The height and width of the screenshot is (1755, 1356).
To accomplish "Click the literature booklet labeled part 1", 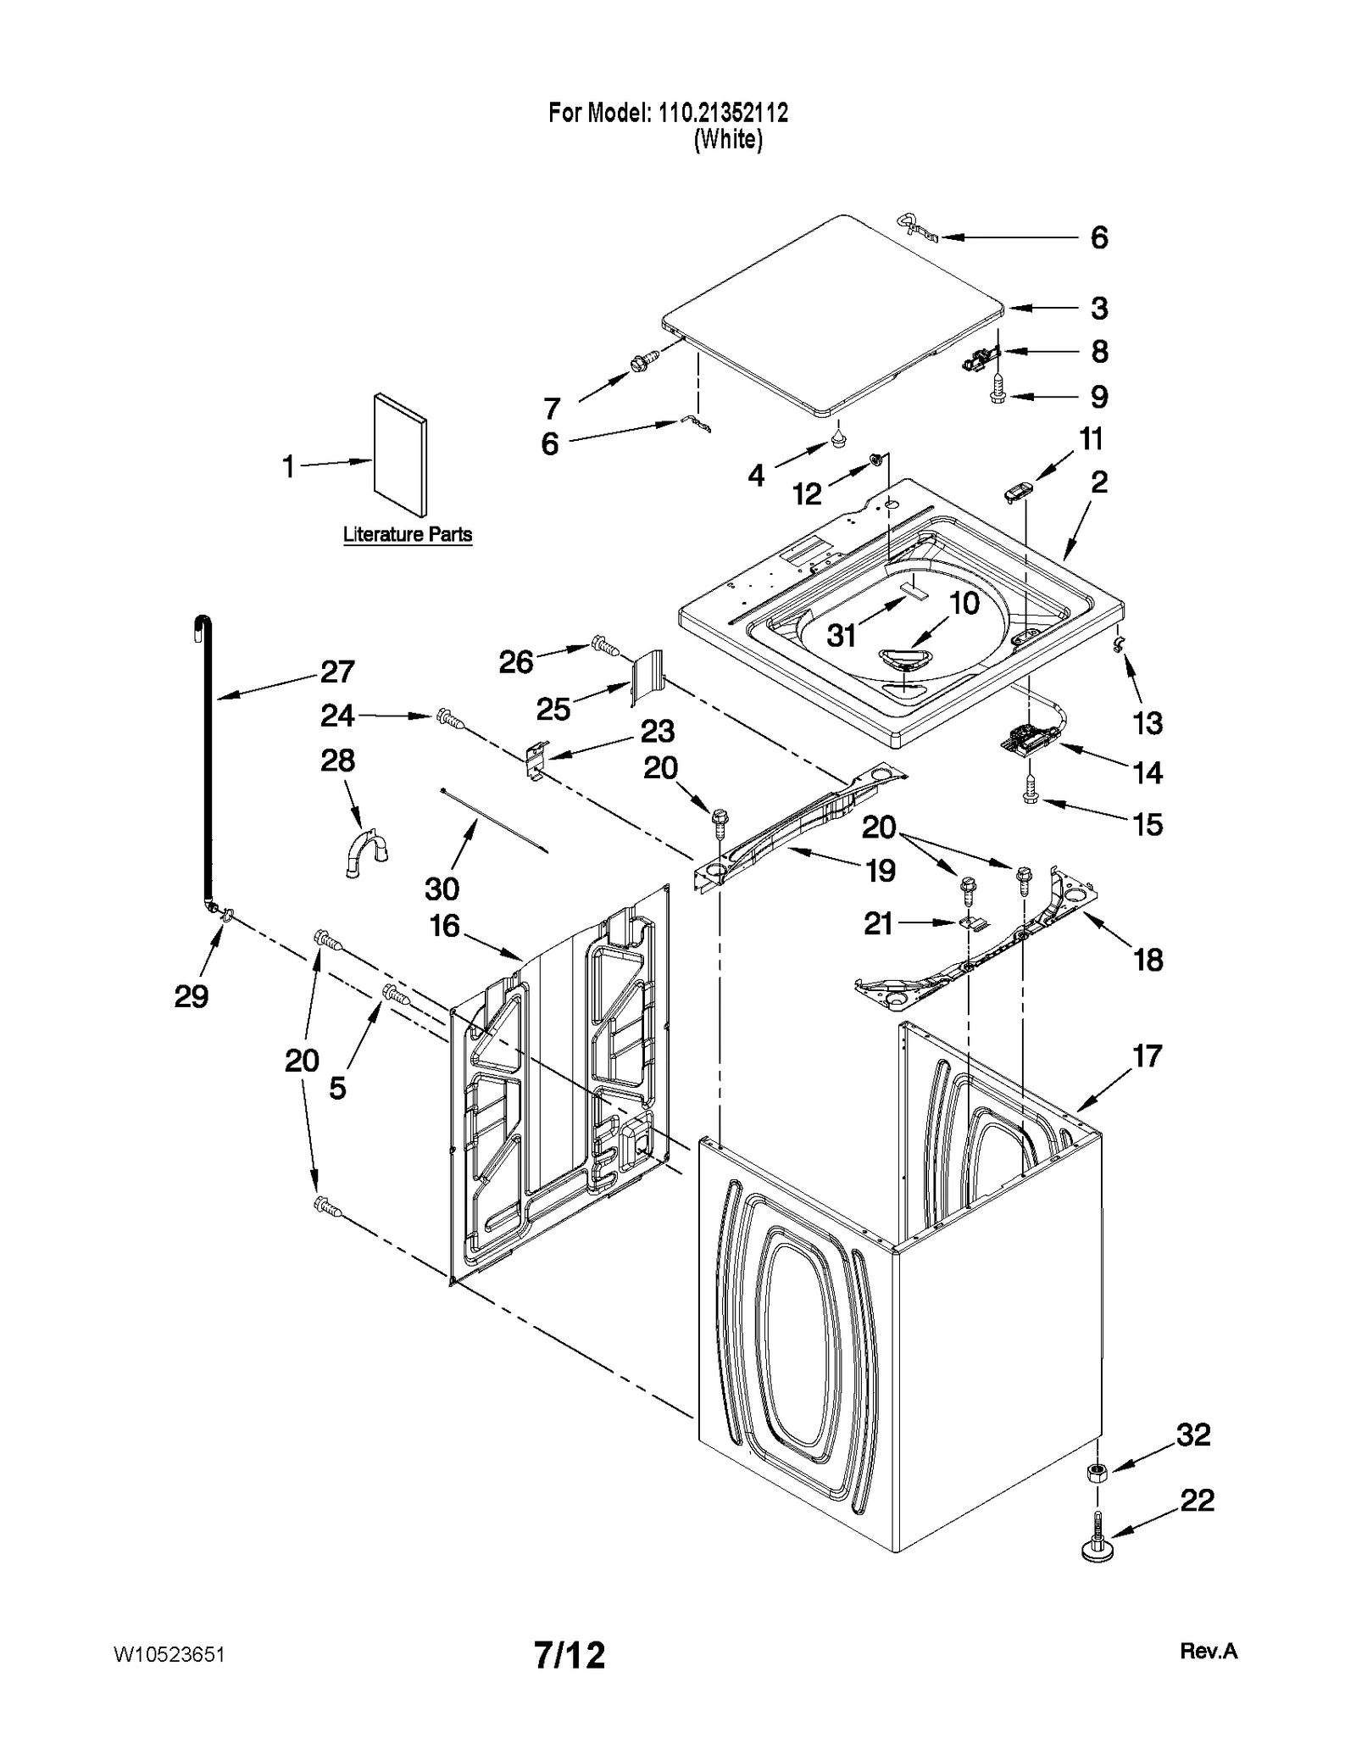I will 400,454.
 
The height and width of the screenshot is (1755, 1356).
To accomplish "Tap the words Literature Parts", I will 407,535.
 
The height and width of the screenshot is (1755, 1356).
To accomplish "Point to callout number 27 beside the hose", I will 336,671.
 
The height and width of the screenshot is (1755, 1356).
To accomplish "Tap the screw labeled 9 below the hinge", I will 998,395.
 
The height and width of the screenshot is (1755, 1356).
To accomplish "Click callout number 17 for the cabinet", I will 1147,1056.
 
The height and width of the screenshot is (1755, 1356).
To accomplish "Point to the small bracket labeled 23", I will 534,758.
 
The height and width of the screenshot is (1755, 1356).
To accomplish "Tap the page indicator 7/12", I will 570,1655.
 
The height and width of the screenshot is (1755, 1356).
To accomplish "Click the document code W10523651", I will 169,1655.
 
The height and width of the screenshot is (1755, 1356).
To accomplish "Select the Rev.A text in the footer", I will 1208,1651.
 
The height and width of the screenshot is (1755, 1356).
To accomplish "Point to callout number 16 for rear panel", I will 444,926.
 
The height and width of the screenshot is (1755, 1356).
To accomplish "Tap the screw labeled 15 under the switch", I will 1031,795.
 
